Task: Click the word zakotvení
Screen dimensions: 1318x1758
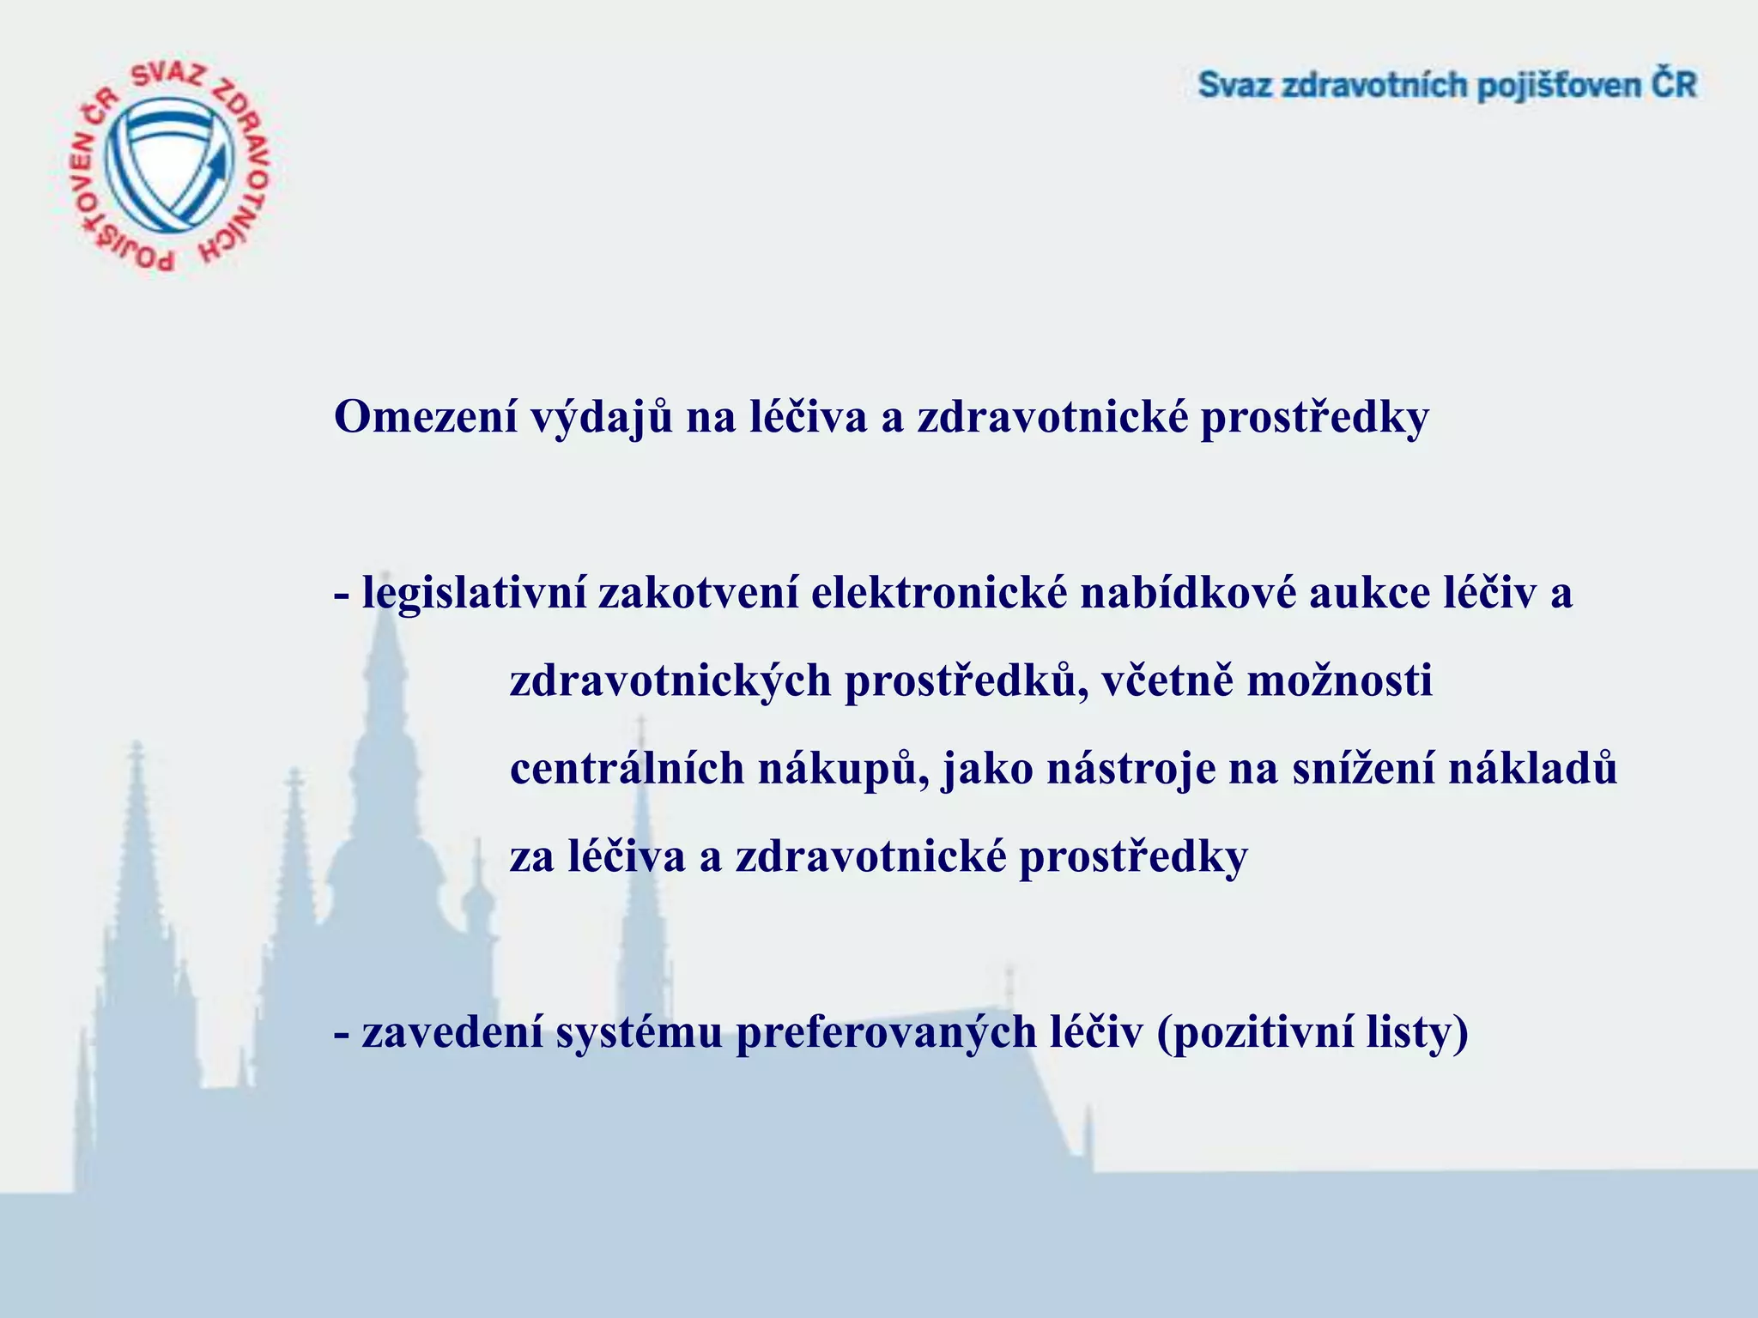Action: point(698,593)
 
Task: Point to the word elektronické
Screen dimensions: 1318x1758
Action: point(938,593)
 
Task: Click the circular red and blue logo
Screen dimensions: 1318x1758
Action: point(168,166)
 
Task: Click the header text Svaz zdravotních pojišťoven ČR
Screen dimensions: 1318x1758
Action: point(1447,87)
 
